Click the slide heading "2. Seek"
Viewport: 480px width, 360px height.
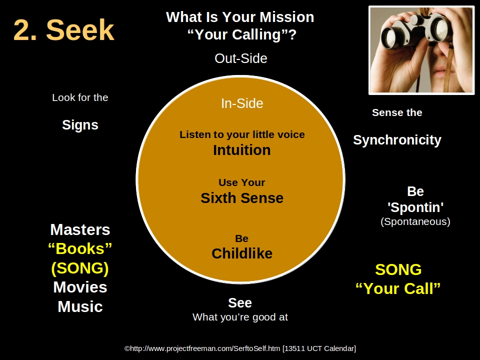pos(64,30)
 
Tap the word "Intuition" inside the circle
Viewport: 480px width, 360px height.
pos(242,150)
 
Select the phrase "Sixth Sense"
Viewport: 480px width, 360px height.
pos(242,198)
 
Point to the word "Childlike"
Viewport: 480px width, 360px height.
pos(242,253)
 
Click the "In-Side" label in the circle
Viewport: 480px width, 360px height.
pos(242,103)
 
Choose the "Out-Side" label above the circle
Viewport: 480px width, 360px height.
pos(241,58)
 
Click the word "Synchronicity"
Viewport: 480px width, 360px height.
pos(397,140)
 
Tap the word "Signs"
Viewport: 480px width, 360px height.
pos(80,125)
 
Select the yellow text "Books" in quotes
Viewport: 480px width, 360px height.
pos(80,248)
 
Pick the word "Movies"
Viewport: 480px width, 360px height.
pos(80,287)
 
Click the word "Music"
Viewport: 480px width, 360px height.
pos(80,306)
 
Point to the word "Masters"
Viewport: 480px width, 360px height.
pos(80,229)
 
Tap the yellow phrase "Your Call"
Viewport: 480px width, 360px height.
pos(398,288)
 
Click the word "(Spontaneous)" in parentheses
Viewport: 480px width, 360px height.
pos(415,221)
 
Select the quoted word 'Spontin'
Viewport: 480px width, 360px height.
pos(415,207)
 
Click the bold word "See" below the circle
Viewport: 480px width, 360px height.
pos(240,303)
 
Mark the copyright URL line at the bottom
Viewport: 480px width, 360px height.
pos(240,348)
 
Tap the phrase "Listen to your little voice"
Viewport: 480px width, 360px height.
pos(242,134)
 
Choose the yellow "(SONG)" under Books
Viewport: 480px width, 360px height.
pos(80,268)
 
